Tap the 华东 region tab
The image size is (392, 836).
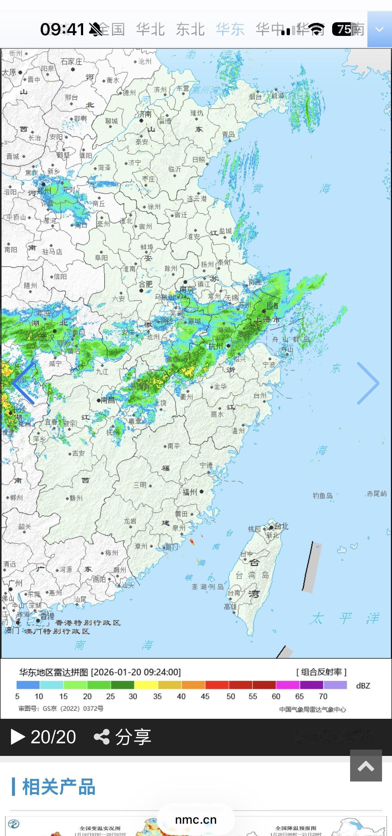pyautogui.click(x=230, y=30)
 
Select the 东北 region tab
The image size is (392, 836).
pyautogui.click(x=190, y=30)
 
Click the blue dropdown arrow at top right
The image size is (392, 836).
pyautogui.click(x=379, y=30)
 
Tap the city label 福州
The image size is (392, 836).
pyautogui.click(x=190, y=492)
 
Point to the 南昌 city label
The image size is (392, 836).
pyautogui.click(x=107, y=400)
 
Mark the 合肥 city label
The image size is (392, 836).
pyautogui.click(x=146, y=284)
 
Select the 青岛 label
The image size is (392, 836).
pyautogui.click(x=228, y=134)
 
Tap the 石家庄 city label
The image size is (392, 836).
pyautogui.click(x=71, y=61)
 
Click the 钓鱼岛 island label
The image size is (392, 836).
pyautogui.click(x=323, y=496)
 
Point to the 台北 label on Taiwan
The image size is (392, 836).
pyautogui.click(x=281, y=526)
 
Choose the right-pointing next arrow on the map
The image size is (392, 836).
pyautogui.click(x=368, y=383)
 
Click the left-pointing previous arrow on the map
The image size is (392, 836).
pyautogui.click(x=24, y=383)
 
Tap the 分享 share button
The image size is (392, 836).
pyautogui.click(x=123, y=737)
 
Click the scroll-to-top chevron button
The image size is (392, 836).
pyautogui.click(x=366, y=766)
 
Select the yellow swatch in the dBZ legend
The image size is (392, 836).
pyautogui.click(x=146, y=685)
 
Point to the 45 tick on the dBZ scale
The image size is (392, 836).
pyautogui.click(x=205, y=696)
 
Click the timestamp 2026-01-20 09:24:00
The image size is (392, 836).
pyautogui.click(x=136, y=672)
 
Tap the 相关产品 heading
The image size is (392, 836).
pyautogui.click(x=59, y=787)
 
